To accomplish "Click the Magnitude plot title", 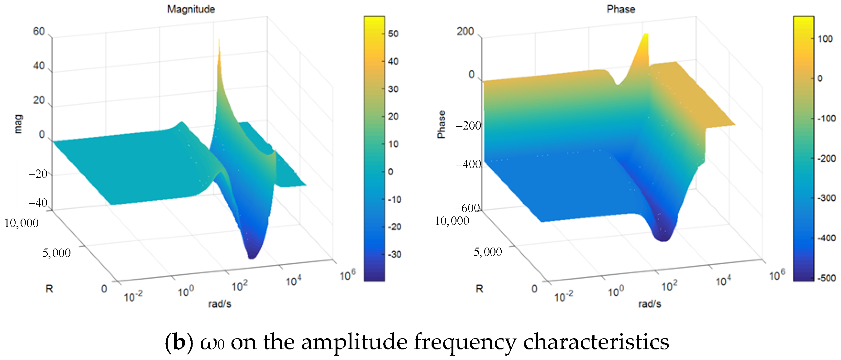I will (191, 9).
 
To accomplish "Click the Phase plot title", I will (621, 9).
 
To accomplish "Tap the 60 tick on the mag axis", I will (39, 31).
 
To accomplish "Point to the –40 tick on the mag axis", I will (38, 203).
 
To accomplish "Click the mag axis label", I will (18, 124).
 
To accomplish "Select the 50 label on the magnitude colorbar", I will (393, 34).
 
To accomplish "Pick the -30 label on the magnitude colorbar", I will (394, 254).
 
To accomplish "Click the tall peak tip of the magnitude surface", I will (218, 41).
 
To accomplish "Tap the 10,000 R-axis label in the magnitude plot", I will (21, 223).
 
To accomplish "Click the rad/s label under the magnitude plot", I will (219, 304).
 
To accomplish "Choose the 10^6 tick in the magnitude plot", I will (347, 275).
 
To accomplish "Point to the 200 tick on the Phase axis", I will (465, 31).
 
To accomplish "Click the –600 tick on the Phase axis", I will (467, 208).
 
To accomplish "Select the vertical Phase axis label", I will (441, 124).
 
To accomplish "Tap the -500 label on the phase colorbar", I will (826, 278).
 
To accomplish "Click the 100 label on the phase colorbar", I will (825, 39).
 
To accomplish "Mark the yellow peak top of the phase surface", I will (645, 34).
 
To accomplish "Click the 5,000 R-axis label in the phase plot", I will (487, 252).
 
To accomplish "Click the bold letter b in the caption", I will (179, 342).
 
